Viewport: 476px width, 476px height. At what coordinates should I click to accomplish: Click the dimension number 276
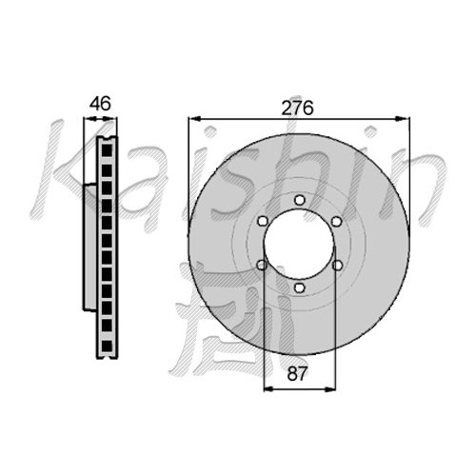point(297,108)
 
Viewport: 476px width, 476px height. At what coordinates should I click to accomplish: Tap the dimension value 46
point(100,104)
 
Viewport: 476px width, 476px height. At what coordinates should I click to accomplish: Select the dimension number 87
point(297,373)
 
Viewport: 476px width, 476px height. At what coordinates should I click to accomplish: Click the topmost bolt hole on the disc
point(299,200)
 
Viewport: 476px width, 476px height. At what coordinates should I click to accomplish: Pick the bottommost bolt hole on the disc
point(299,288)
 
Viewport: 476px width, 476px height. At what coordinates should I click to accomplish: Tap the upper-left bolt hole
point(262,221)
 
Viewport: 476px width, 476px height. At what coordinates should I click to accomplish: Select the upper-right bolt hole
point(336,222)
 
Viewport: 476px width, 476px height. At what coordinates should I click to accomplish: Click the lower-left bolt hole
point(262,265)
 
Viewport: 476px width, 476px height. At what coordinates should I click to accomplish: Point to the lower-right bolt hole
point(337,266)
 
